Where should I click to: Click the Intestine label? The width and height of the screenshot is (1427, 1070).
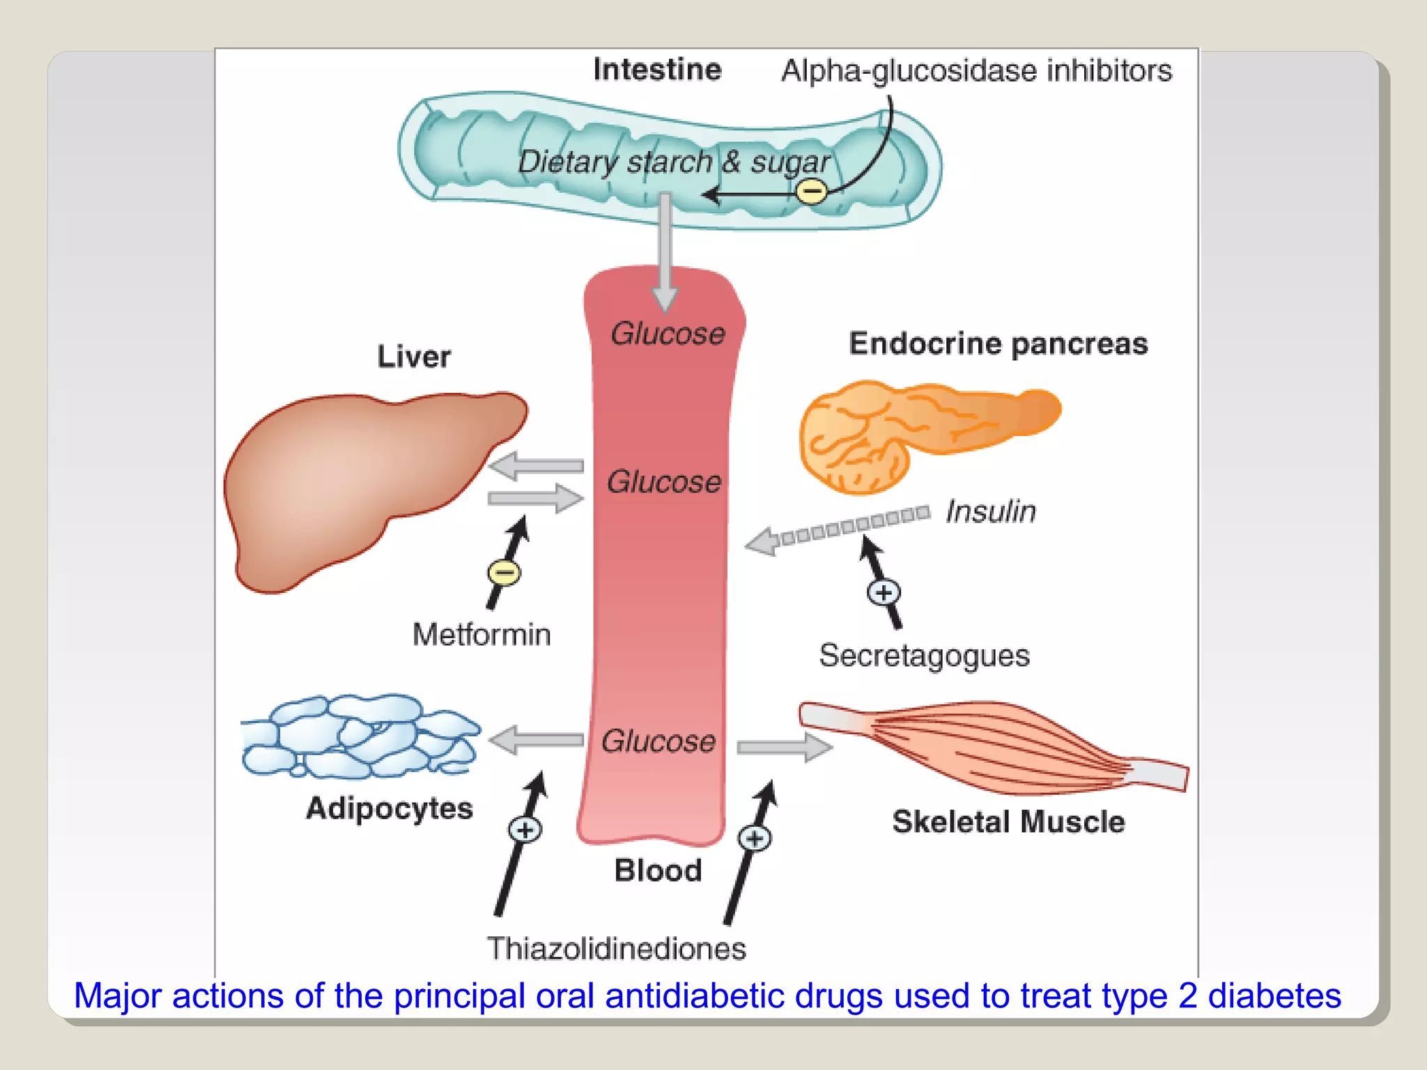[657, 70]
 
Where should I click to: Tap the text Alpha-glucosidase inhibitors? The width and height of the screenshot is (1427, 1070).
[976, 71]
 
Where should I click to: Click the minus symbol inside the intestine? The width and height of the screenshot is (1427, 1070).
[811, 191]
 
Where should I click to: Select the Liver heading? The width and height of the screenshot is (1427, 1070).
[414, 357]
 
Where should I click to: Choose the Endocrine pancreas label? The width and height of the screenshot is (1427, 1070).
[998, 344]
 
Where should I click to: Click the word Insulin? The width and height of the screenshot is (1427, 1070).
[990, 512]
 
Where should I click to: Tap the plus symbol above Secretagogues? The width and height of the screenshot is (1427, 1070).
[884, 593]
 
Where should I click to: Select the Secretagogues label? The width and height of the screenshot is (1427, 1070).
[924, 656]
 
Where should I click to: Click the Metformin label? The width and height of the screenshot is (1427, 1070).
[481, 635]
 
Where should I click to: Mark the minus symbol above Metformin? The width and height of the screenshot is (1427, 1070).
[504, 573]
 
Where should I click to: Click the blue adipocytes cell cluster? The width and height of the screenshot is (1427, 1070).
[359, 737]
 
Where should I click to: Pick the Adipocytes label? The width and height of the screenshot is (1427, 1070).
[389, 809]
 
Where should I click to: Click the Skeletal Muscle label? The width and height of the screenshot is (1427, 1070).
[1008, 822]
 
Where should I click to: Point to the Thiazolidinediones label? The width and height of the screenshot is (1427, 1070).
[616, 949]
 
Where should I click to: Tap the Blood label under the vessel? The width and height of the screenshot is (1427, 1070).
[658, 871]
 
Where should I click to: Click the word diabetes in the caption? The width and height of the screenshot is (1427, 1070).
[1274, 996]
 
